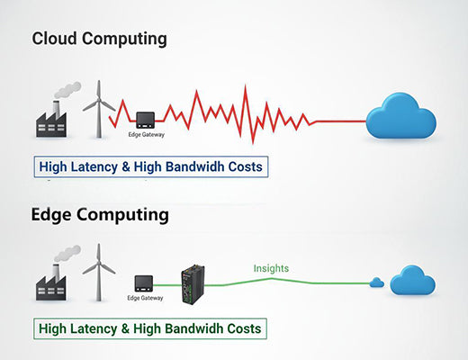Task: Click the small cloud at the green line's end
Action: pos(376,283)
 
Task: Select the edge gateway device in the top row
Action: pos(146,118)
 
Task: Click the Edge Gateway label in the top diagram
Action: pos(146,134)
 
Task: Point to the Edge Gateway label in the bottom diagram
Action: pos(146,298)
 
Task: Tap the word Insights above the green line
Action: pos(271,268)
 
